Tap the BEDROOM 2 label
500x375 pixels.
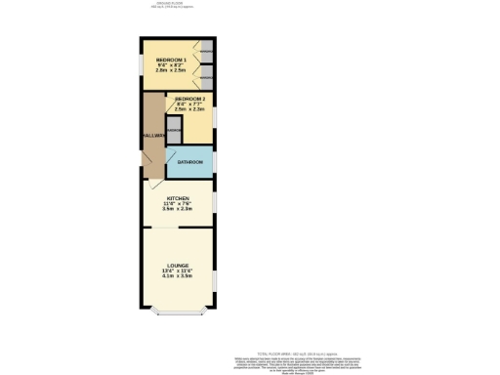click(189, 100)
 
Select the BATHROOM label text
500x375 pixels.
click(189, 161)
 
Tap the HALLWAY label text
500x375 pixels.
click(152, 135)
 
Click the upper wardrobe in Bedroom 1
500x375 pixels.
click(207, 52)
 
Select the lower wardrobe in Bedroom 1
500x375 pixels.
click(207, 77)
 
